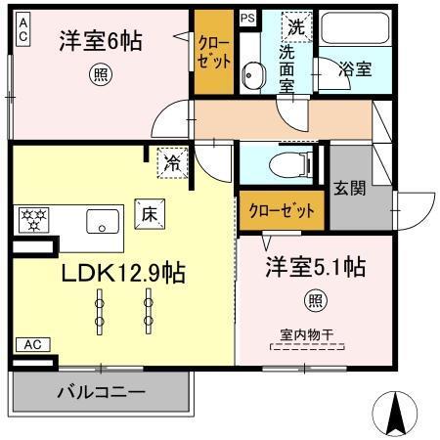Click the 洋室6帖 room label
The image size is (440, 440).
coord(102,41)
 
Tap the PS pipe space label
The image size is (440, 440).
coord(247,18)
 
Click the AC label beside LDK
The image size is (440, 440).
coord(31,344)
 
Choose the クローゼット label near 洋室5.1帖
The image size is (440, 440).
coord(283,210)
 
